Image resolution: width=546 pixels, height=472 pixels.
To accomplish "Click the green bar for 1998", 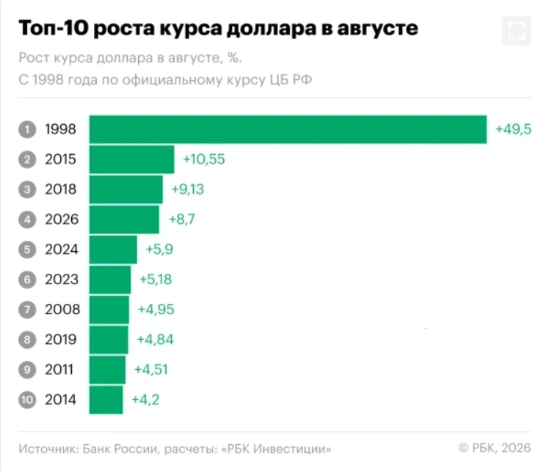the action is click(x=288, y=129).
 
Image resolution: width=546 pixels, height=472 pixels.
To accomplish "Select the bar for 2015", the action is click(x=132, y=159).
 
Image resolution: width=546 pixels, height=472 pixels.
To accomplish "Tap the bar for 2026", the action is click(x=124, y=219).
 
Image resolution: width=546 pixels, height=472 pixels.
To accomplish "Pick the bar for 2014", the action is click(x=106, y=399).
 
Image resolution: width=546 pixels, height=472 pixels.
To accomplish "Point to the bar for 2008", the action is click(x=109, y=309).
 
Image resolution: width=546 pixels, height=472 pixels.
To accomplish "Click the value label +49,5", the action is click(x=514, y=129).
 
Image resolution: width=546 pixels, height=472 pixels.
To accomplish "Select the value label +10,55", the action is click(x=204, y=159).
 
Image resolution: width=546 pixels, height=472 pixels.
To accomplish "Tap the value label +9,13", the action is click(x=188, y=189).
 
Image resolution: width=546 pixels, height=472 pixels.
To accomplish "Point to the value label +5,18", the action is click(x=156, y=280).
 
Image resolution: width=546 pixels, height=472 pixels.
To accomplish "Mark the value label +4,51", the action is click(x=151, y=369).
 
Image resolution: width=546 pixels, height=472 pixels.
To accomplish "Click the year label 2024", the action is click(x=62, y=250).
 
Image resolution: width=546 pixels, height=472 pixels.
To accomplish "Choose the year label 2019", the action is click(x=61, y=339).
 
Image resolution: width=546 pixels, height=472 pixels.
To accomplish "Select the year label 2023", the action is click(x=62, y=280).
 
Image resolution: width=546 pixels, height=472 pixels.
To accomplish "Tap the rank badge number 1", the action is click(x=27, y=129).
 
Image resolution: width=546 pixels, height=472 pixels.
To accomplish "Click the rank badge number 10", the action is click(x=27, y=399).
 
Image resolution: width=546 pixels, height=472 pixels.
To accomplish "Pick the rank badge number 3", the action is click(x=27, y=189).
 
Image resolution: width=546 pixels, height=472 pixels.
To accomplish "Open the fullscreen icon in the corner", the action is click(x=517, y=31).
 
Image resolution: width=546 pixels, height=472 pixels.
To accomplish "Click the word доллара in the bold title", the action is click(x=272, y=29).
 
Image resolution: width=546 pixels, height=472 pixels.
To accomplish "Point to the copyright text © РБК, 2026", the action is click(x=495, y=448).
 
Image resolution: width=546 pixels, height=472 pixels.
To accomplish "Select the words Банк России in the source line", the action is click(x=120, y=449).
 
